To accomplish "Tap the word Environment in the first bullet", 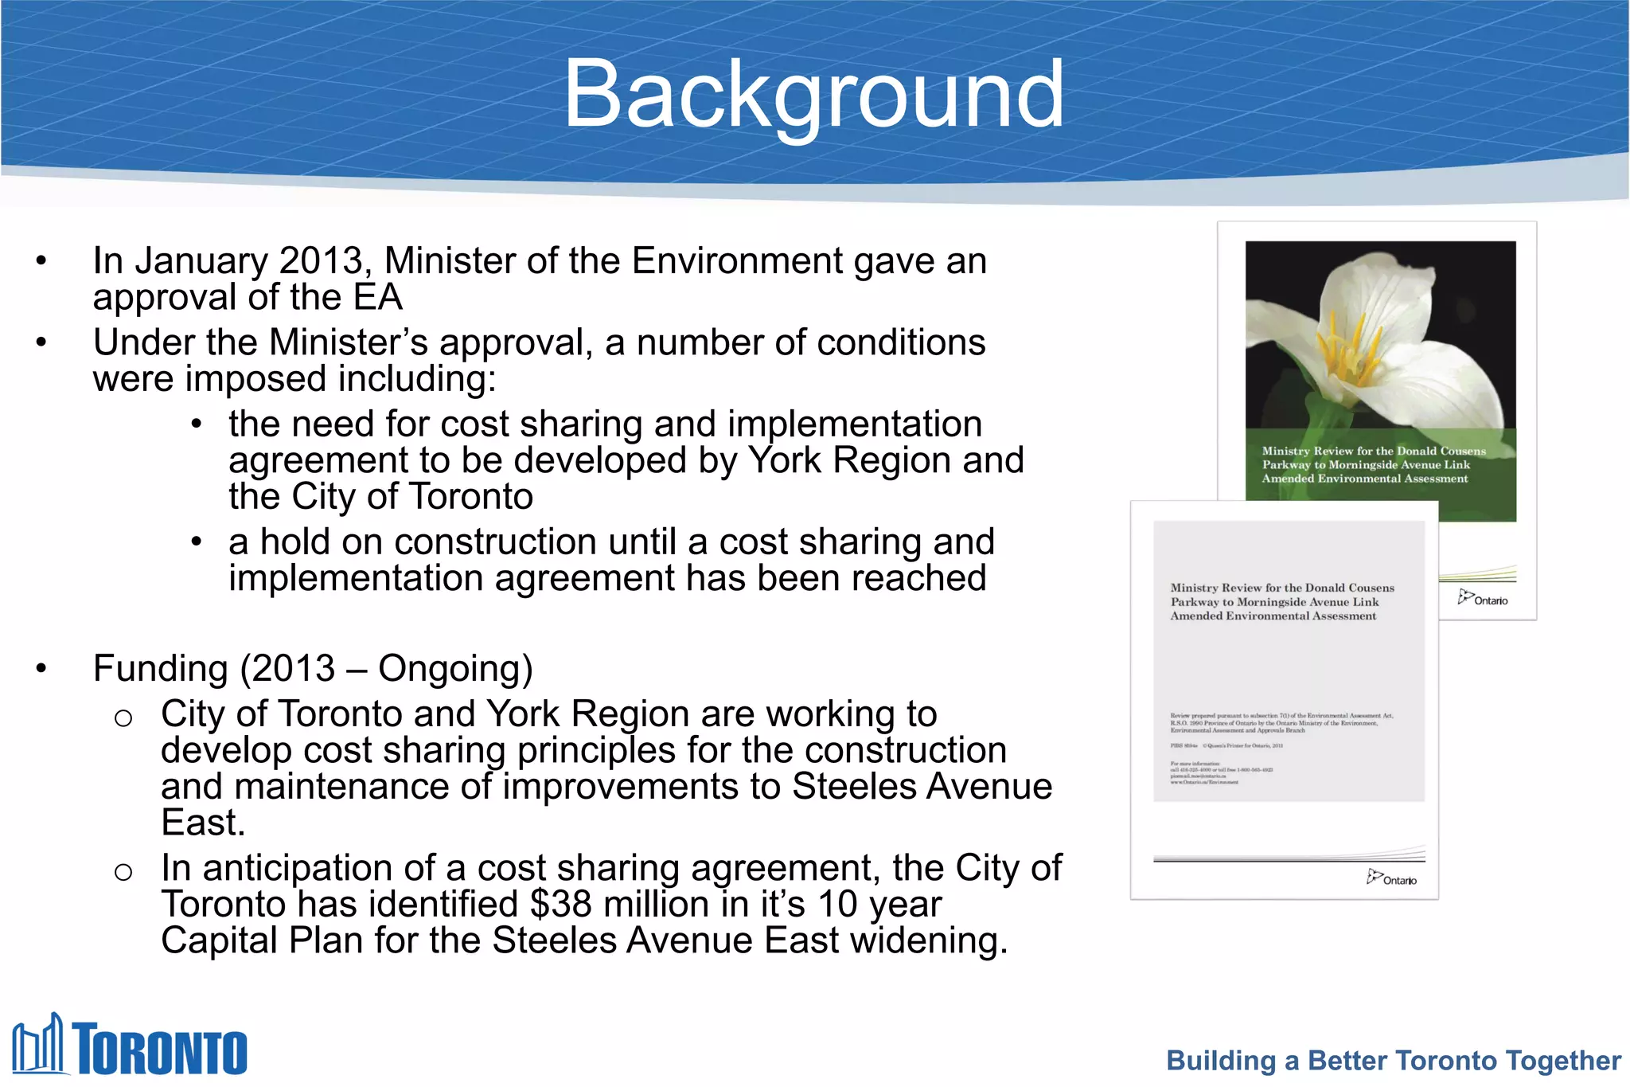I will (x=737, y=261).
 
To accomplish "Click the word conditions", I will (x=901, y=343).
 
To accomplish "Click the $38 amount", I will (x=560, y=905).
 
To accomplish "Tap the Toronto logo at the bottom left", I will (x=130, y=1046).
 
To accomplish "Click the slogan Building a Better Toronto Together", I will (x=1393, y=1061).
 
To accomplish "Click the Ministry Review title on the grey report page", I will (x=1281, y=602).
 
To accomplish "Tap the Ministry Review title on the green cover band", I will (x=1373, y=464).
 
